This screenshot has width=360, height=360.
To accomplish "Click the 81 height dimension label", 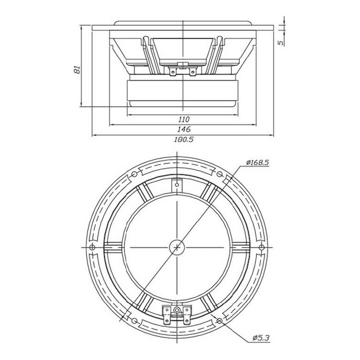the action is click(x=77, y=69).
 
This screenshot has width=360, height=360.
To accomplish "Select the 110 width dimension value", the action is click(x=184, y=120).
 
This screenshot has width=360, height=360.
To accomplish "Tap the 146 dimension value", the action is click(x=184, y=129).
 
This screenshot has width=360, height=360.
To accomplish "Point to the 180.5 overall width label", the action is click(x=184, y=139).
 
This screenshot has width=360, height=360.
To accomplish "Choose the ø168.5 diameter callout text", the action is click(x=257, y=163).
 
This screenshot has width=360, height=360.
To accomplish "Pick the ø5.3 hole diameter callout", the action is click(x=261, y=338).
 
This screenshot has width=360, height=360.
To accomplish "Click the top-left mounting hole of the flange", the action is click(x=134, y=174).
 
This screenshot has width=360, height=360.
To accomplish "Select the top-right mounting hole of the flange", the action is click(x=220, y=174).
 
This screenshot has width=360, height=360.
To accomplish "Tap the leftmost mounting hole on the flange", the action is click(x=92, y=247).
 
